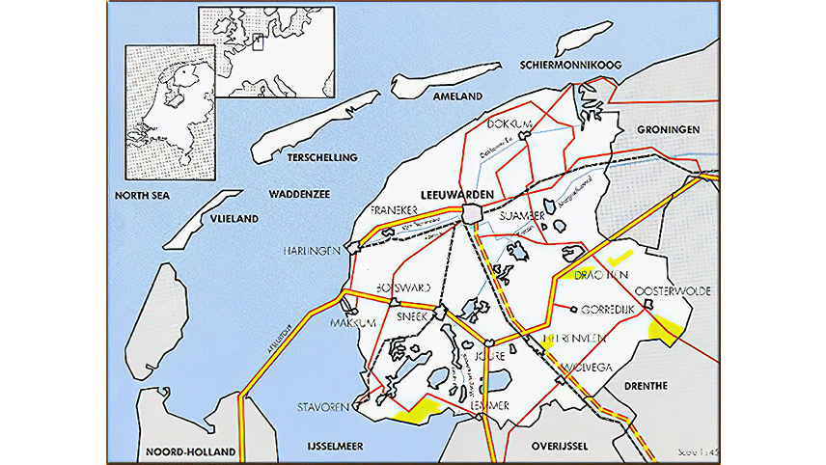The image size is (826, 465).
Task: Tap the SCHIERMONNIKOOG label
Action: (568, 66)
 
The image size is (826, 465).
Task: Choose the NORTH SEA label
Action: (142, 195)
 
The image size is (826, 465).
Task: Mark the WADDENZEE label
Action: (300, 194)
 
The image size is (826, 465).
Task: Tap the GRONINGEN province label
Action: (668, 129)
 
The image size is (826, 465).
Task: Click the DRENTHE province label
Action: (646, 386)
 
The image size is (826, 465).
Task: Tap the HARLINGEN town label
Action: (312, 251)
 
